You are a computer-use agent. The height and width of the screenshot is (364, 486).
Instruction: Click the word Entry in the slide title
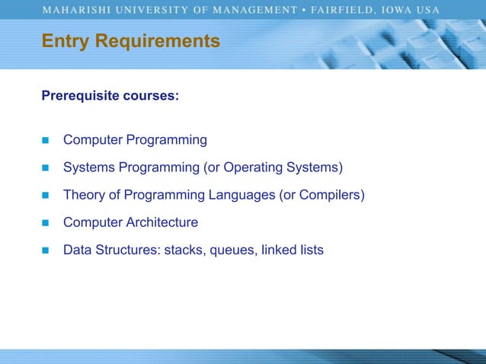62,40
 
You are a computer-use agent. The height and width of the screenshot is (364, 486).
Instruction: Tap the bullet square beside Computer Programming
45,141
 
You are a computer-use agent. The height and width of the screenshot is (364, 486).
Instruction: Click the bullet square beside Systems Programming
45,168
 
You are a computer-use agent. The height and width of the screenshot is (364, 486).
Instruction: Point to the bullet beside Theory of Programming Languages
45,196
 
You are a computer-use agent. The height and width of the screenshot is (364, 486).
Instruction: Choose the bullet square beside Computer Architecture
45,223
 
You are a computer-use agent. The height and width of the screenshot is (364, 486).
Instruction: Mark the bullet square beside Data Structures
45,251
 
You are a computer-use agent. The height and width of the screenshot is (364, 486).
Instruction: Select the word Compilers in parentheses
331,195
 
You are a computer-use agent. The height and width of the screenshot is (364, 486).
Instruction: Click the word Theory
83,195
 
